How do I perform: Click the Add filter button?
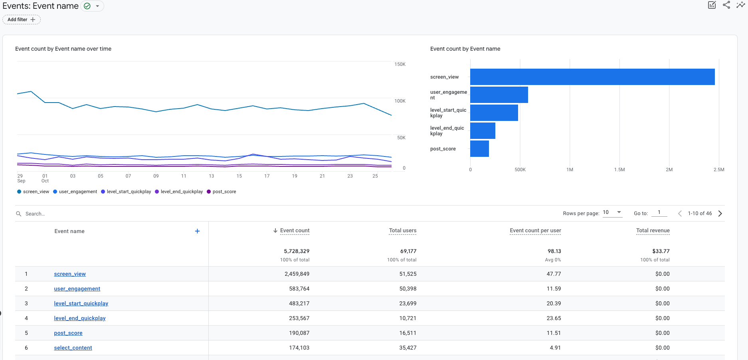pyautogui.click(x=22, y=20)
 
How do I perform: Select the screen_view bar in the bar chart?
pyautogui.click(x=592, y=77)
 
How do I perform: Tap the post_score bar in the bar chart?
pyautogui.click(x=479, y=148)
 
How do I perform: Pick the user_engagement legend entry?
pyautogui.click(x=75, y=192)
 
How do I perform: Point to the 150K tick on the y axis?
pyautogui.click(x=400, y=64)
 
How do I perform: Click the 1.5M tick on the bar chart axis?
pyautogui.click(x=619, y=170)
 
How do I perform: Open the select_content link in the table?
pyautogui.click(x=73, y=348)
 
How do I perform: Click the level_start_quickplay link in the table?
pyautogui.click(x=81, y=303)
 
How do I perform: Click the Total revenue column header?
pyautogui.click(x=653, y=231)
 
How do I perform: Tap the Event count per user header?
pyautogui.click(x=535, y=231)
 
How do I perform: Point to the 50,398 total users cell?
pyautogui.click(x=408, y=289)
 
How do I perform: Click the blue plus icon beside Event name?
pyautogui.click(x=197, y=231)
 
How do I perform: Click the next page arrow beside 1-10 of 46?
pyautogui.click(x=720, y=214)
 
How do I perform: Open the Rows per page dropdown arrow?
pyautogui.click(x=619, y=212)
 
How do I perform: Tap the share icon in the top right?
pyautogui.click(x=726, y=5)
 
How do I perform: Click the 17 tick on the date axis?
pyautogui.click(x=267, y=176)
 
